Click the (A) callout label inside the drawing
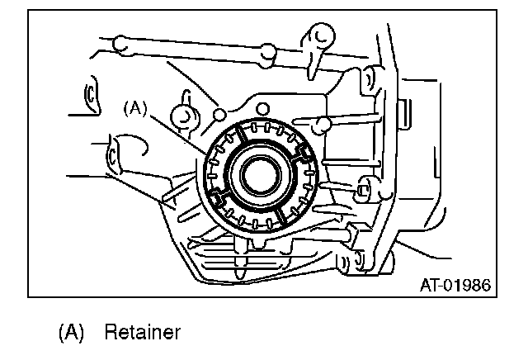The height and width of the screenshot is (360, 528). [x=135, y=108]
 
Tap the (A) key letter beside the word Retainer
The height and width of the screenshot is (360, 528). [x=71, y=332]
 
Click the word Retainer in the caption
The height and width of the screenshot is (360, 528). [x=143, y=332]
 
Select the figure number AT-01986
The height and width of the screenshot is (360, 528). [x=455, y=285]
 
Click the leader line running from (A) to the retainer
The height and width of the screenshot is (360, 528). [x=177, y=135]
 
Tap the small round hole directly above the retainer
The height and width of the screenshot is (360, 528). [x=262, y=109]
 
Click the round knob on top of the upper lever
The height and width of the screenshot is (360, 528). [x=323, y=36]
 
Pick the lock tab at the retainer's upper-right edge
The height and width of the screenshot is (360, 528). [x=304, y=152]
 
